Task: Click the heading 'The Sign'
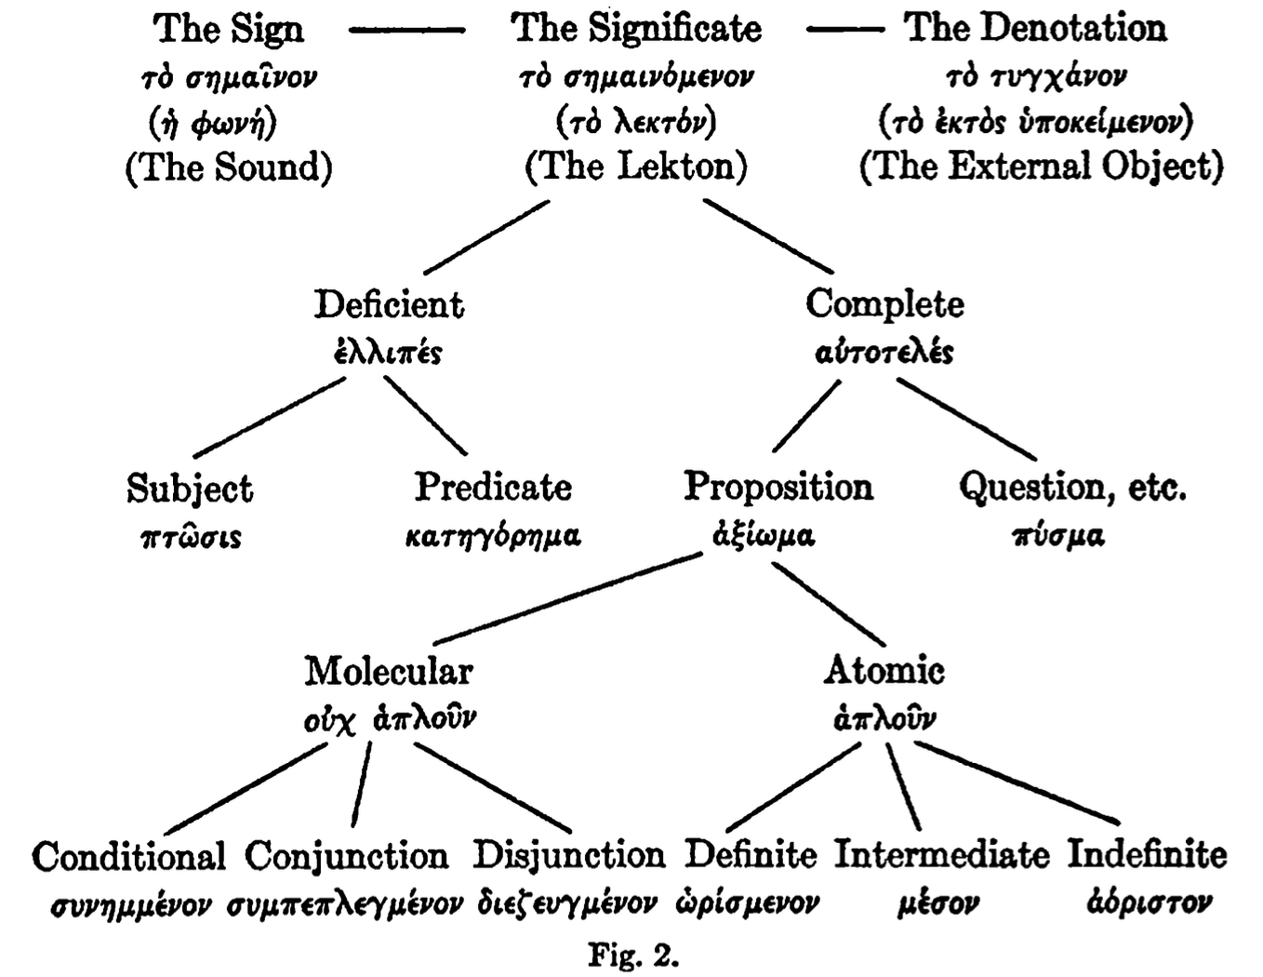[x=228, y=29]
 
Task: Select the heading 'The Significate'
[x=636, y=29]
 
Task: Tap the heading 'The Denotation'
[x=1035, y=29]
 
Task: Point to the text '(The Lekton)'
[x=636, y=167]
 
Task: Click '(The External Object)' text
[x=1041, y=167]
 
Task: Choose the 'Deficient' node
[x=389, y=305]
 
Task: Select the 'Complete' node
[x=884, y=304]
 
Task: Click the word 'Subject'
[x=190, y=488]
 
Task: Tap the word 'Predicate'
[x=493, y=487]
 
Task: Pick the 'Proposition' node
[x=778, y=487]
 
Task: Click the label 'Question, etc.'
[x=1072, y=487]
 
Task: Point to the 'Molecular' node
[x=389, y=671]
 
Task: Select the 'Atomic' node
[x=884, y=671]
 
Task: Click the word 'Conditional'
[x=128, y=856]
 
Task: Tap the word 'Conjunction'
[x=347, y=856]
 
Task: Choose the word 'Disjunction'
[x=569, y=855]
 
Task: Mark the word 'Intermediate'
[x=941, y=854]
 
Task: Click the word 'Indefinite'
[x=1147, y=854]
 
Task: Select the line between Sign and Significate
[x=406, y=31]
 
